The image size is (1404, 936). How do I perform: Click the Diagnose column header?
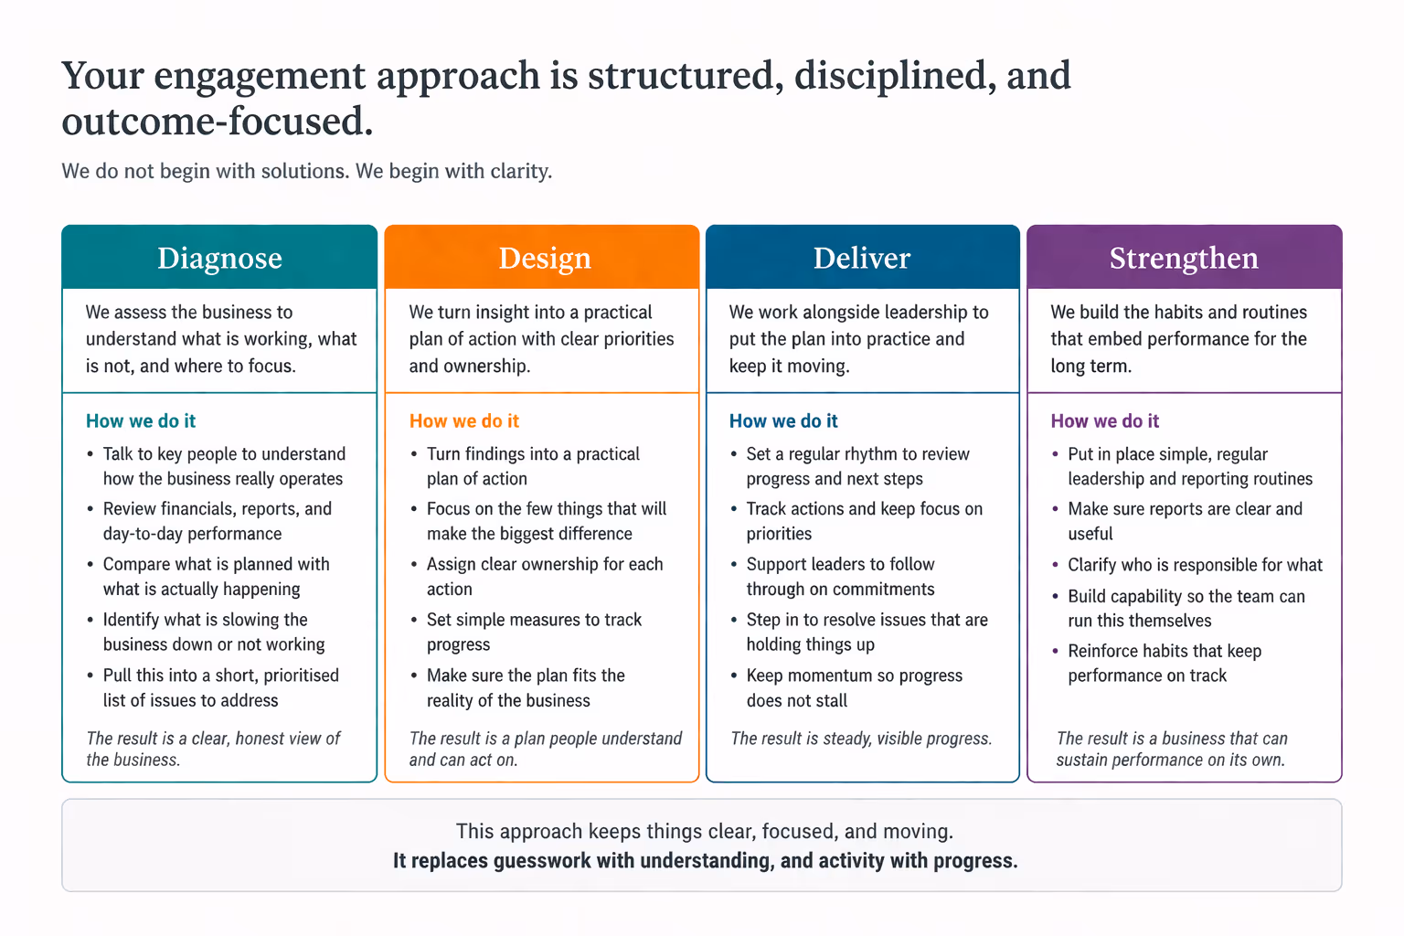[219, 258]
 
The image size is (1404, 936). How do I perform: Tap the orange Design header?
[545, 258]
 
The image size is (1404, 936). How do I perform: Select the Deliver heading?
[862, 258]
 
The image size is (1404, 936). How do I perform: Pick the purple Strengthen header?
[1184, 258]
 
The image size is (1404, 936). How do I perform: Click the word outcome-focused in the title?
[217, 122]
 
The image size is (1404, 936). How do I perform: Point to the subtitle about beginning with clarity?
[307, 171]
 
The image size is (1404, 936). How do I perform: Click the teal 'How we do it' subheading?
[141, 420]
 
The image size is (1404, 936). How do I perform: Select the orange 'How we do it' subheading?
[464, 420]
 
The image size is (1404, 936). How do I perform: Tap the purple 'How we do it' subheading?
[1104, 420]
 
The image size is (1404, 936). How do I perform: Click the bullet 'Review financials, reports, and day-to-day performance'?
[217, 521]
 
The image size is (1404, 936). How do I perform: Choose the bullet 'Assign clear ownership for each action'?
[545, 577]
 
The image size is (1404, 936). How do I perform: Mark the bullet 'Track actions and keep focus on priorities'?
[864, 521]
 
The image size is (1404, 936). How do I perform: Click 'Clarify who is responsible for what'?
[1195, 565]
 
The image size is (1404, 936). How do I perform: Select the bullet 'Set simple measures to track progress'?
[534, 632]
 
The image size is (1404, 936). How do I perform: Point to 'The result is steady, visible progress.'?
[861, 739]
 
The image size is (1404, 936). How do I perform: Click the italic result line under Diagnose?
[213, 749]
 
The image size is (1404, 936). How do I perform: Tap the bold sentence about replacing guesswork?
[705, 860]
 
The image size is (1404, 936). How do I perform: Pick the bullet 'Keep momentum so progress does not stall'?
[854, 687]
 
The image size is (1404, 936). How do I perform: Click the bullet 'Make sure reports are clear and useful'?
[1185, 521]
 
